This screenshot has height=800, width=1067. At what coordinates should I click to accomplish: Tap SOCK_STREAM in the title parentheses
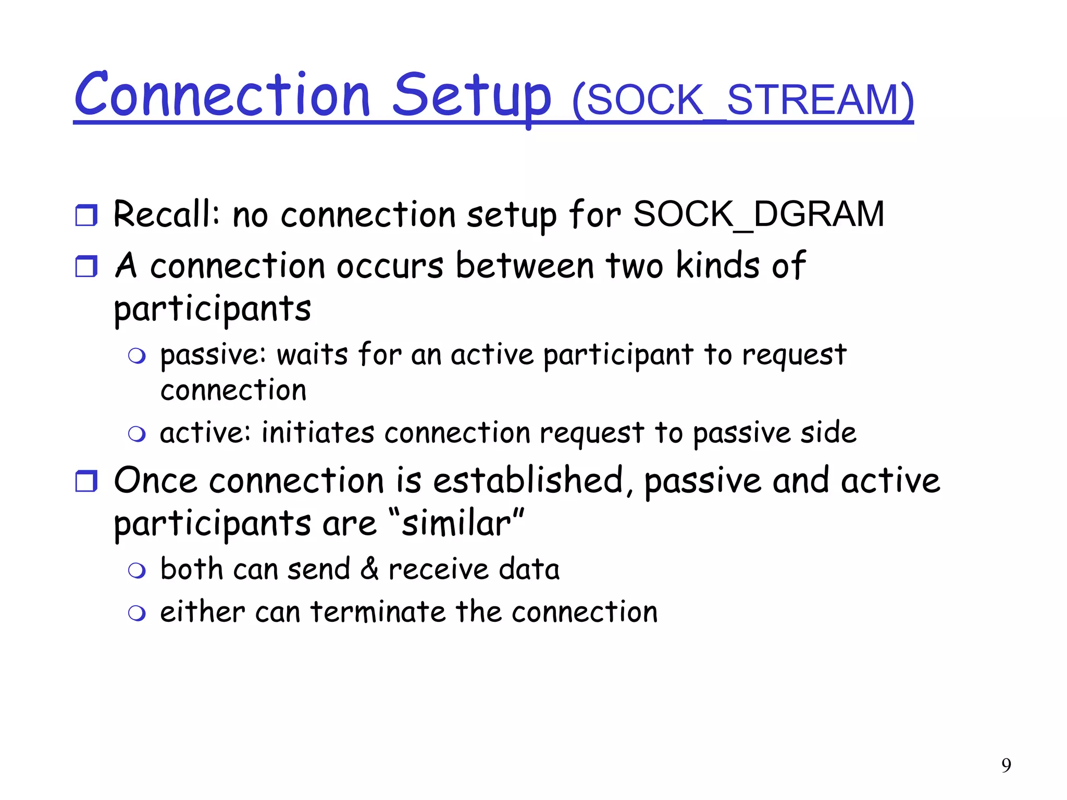[742, 100]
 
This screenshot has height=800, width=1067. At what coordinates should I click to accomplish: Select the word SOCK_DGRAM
[759, 214]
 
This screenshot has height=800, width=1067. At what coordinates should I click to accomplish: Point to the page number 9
[1006, 765]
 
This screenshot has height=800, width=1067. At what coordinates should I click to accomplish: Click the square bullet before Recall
[86, 215]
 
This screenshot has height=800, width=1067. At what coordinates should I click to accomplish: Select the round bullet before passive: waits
[137, 357]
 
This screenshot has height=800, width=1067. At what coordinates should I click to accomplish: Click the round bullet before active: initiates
[137, 434]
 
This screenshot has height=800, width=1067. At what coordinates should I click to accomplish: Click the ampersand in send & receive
[369, 569]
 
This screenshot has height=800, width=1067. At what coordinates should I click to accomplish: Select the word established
[528, 480]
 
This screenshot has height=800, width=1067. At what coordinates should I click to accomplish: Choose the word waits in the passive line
[312, 355]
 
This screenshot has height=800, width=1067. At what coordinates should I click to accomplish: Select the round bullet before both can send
[137, 571]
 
